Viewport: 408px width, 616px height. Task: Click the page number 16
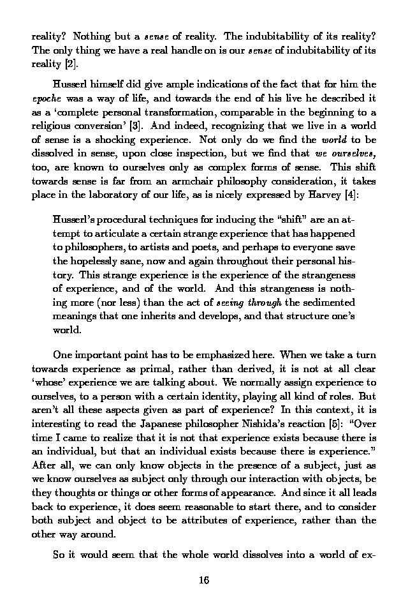204,580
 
